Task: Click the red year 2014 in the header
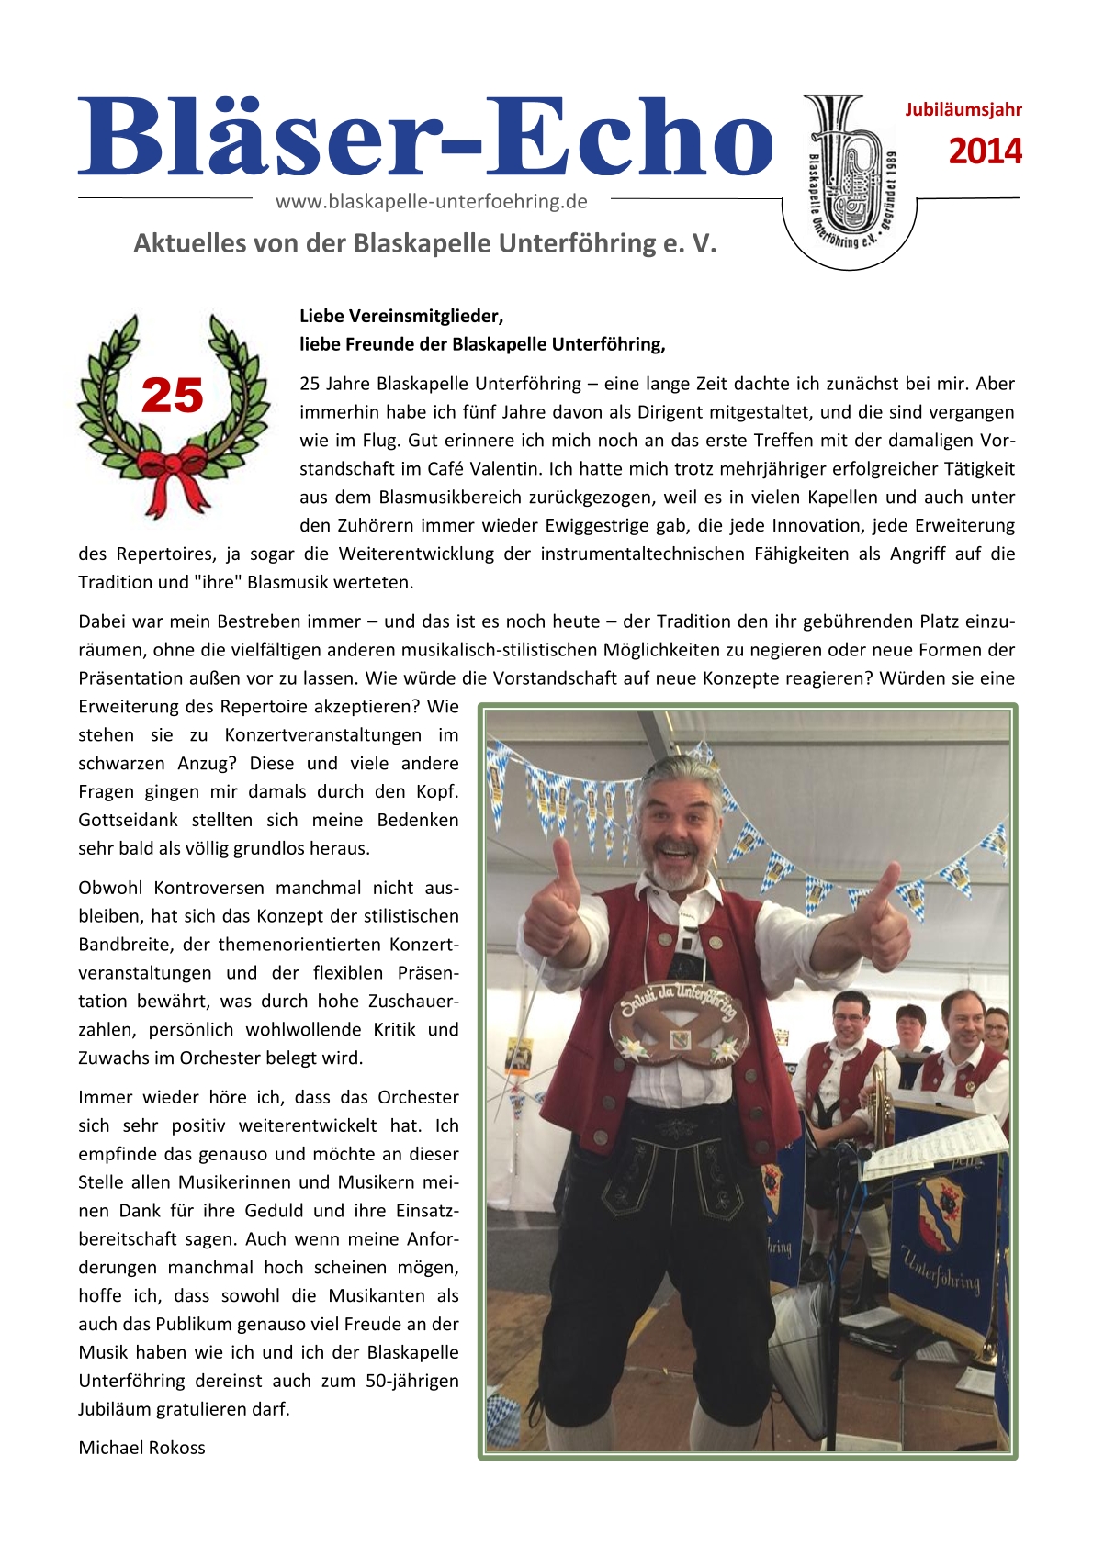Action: pos(985,151)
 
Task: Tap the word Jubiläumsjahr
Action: pos(963,110)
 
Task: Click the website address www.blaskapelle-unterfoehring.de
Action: pos(431,201)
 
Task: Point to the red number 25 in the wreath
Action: pos(173,397)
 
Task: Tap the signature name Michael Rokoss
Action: pos(141,1448)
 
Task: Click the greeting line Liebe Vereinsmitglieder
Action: pos(401,316)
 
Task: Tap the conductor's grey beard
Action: pos(678,873)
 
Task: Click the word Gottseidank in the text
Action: pos(129,820)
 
